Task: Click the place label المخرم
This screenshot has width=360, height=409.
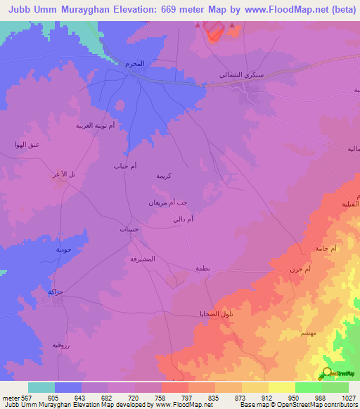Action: pos(135,63)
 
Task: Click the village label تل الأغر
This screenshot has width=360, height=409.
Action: pos(63,174)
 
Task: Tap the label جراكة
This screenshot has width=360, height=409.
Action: pos(56,291)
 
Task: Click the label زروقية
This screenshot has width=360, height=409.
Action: pos(61,345)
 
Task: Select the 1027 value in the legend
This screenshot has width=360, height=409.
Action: pos(349,398)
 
